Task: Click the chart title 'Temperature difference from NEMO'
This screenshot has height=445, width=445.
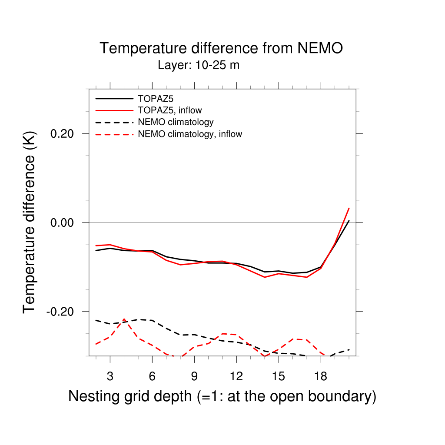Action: click(221, 48)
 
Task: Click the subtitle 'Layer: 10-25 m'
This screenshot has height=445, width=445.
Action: click(199, 66)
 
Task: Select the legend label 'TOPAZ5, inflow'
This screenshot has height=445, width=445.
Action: click(170, 110)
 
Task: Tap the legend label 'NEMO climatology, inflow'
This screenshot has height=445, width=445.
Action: click(190, 134)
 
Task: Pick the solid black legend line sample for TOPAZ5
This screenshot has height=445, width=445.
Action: click(114, 99)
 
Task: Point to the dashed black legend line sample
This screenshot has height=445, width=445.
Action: click(114, 122)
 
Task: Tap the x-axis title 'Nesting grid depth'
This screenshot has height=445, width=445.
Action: click(222, 396)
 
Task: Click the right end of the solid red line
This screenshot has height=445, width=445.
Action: click(349, 208)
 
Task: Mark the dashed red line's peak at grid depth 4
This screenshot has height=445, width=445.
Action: click(124, 319)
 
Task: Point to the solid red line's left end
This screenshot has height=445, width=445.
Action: click(96, 246)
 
